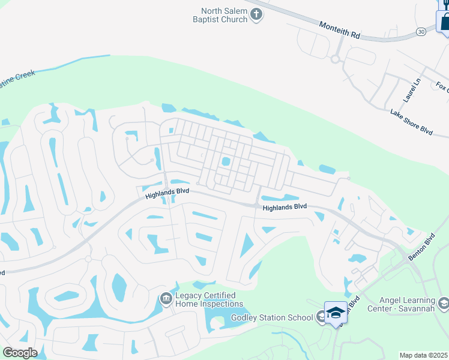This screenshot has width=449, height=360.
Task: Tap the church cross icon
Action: tap(256, 14)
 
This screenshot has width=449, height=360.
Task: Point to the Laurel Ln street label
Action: tap(412, 90)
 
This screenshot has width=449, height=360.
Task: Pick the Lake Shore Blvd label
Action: tap(411, 121)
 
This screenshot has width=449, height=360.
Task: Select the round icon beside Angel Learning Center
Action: tap(444, 302)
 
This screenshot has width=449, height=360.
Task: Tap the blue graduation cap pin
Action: tap(336, 313)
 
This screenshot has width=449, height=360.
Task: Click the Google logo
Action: tap(20, 352)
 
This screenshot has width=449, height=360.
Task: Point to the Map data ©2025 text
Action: tap(424, 355)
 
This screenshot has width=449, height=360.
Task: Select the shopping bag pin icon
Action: tap(445, 22)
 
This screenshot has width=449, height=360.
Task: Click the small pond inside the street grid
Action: tap(226, 161)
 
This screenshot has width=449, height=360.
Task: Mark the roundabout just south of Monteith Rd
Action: tap(335, 59)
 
